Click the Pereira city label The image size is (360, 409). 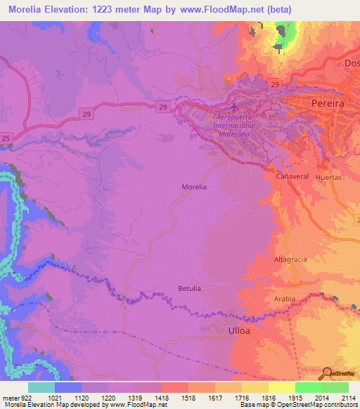[327, 103]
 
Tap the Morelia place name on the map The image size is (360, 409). [194, 187]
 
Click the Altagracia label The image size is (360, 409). [290, 259]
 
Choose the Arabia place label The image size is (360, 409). [285, 298]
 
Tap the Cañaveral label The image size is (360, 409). [292, 175]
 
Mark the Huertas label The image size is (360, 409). [329, 178]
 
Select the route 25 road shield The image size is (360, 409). [6, 138]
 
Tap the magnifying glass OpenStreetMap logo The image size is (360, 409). [326, 372]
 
